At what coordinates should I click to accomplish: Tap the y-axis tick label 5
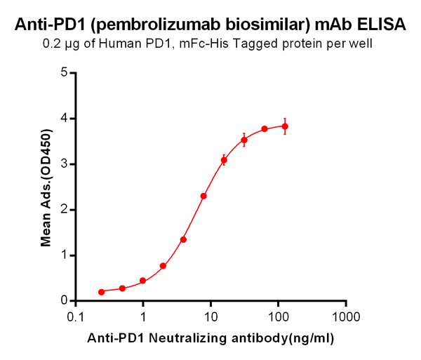[64, 72]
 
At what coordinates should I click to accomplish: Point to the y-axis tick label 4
[64, 118]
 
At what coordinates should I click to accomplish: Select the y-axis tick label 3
[64, 164]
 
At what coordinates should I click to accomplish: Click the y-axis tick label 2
[64, 209]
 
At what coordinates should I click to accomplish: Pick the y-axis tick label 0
[64, 300]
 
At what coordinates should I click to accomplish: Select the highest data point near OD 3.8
[285, 126]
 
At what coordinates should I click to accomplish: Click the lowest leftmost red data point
[102, 292]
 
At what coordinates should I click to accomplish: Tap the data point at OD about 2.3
[203, 196]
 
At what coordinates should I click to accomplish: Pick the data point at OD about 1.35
[183, 239]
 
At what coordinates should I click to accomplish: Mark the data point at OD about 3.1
[224, 160]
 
